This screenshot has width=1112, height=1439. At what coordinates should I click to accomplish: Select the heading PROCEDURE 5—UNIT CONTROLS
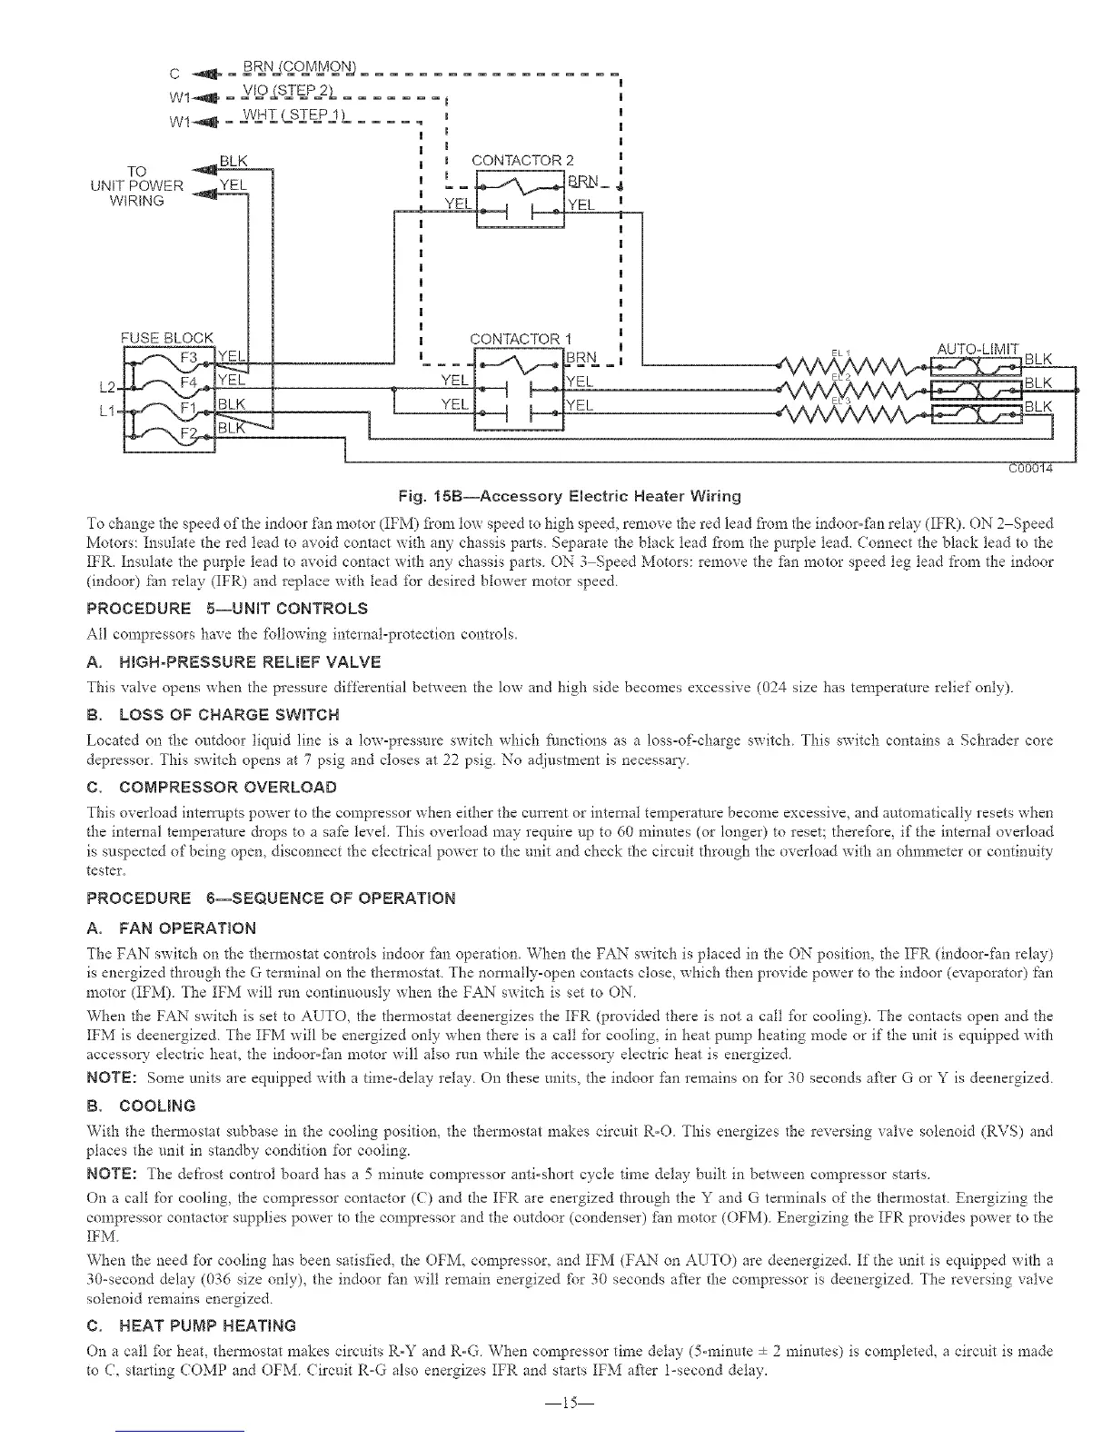226,608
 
